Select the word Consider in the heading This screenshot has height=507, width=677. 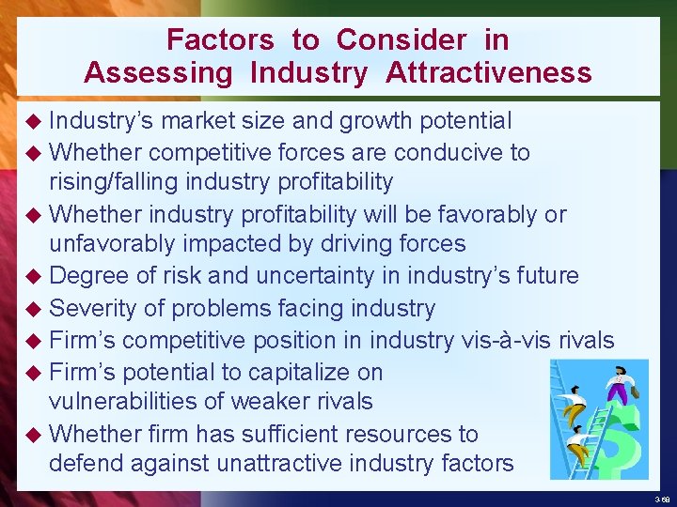[x=401, y=39]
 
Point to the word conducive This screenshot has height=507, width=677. [x=449, y=152]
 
